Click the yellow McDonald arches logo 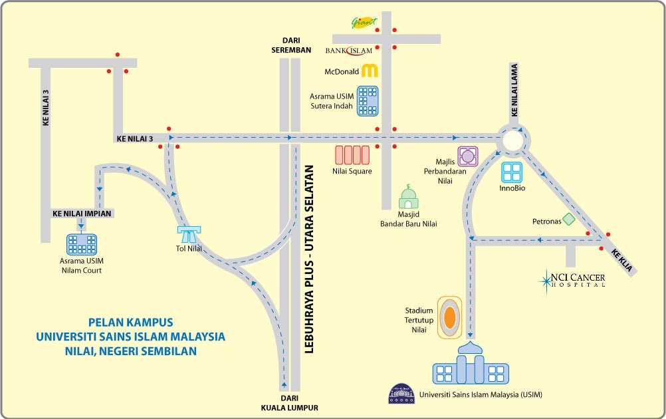[x=369, y=71]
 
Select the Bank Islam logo [x=349, y=51]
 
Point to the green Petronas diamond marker [x=568, y=219]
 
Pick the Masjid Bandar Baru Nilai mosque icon [x=409, y=198]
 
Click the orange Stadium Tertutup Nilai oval [x=450, y=317]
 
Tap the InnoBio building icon [x=512, y=173]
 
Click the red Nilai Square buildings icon [x=352, y=155]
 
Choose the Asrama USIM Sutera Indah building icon [x=367, y=101]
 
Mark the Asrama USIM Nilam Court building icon [x=82, y=243]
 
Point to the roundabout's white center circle [x=514, y=140]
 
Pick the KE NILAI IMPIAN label [x=81, y=213]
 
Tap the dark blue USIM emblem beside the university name [x=403, y=394]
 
